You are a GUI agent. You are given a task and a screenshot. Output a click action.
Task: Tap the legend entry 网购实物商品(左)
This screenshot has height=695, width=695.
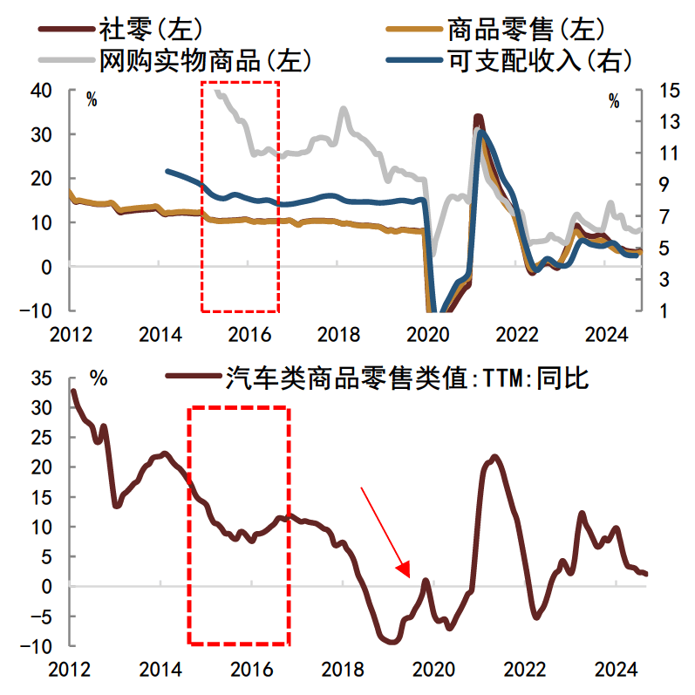[206, 60]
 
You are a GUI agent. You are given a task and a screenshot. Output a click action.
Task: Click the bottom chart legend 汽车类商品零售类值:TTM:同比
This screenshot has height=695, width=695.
[406, 378]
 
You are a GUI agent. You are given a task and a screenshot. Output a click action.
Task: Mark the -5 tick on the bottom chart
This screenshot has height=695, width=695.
[41, 617]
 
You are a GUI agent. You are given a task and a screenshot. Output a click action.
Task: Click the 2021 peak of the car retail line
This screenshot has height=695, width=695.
[495, 456]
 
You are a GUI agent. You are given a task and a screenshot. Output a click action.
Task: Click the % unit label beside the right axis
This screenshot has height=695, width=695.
[614, 100]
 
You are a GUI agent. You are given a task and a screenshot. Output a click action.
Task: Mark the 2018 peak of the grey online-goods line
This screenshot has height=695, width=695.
[344, 109]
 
